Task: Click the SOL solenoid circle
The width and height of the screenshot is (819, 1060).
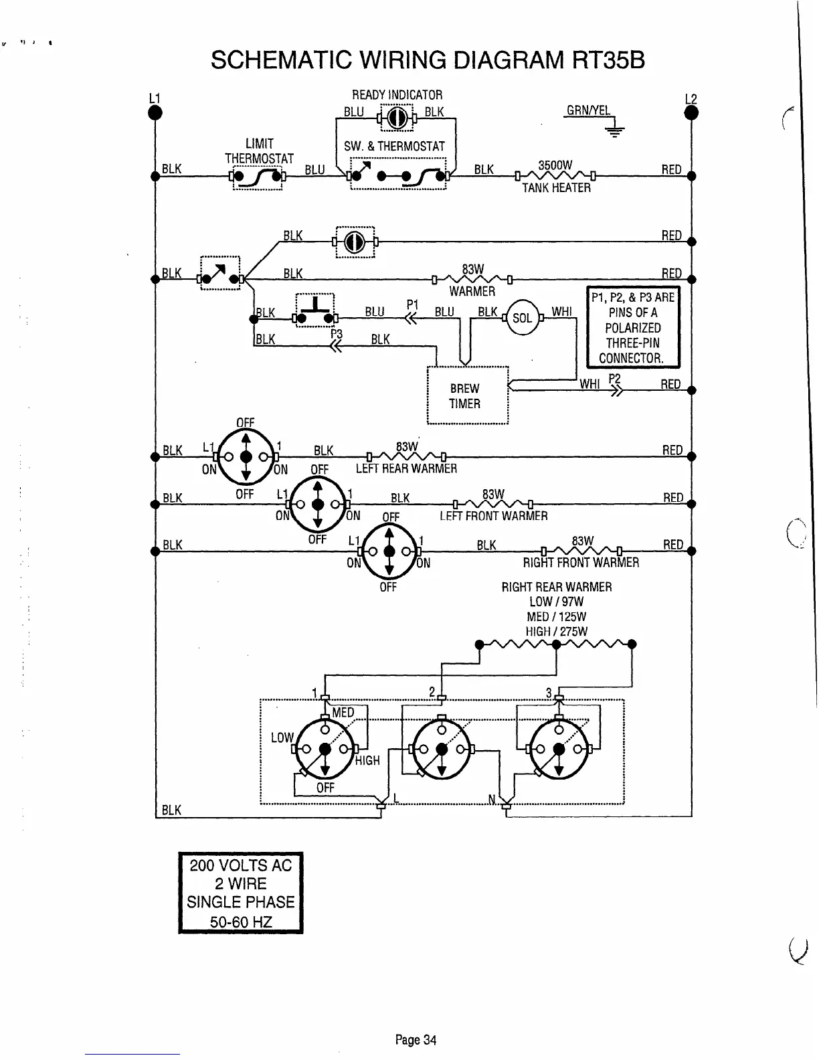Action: coord(522,318)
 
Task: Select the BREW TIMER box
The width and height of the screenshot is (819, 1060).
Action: coord(468,395)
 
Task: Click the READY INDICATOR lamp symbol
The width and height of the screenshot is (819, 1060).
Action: coord(395,118)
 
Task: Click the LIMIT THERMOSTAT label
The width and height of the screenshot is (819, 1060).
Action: coord(259,151)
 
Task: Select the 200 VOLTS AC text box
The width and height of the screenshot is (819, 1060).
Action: coord(241,893)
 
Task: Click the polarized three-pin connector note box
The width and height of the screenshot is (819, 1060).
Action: coord(632,327)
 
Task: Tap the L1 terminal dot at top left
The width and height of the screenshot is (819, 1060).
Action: coord(155,113)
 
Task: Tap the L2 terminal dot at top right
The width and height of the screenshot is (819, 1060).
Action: coord(691,114)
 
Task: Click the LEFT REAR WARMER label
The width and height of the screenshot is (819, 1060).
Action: coord(406,468)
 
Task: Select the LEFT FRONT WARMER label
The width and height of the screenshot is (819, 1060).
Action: coord(493,516)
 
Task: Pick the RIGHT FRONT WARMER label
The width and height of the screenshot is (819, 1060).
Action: coord(581,563)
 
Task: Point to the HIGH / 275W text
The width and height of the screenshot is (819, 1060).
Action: coord(557,631)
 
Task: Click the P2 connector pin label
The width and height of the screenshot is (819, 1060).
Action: coord(615,379)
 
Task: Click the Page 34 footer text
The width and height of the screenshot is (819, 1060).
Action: coord(416,1039)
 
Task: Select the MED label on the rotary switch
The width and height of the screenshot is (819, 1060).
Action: coord(343,713)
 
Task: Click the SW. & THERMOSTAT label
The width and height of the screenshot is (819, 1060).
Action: coord(394,146)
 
